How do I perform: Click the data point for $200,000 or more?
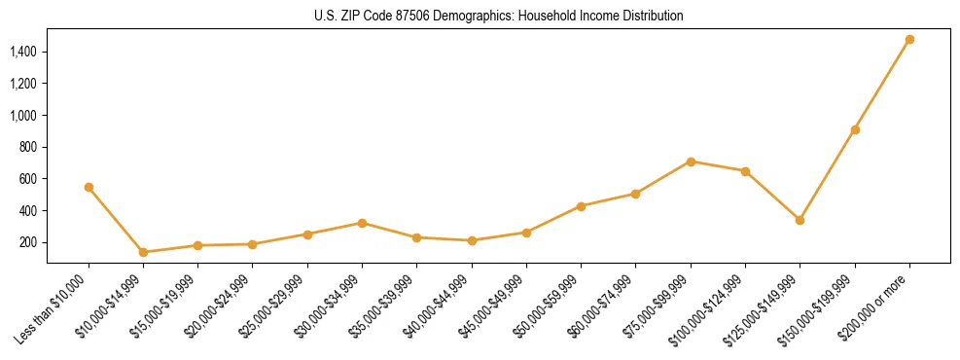point(909,40)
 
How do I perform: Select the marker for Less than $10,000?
point(89,187)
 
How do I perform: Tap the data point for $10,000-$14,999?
point(143,252)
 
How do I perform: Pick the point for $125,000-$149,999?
point(800,220)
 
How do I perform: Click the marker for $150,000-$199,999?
point(855,129)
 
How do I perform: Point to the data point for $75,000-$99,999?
point(691,162)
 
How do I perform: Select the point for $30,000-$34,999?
point(362,223)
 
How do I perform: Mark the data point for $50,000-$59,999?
point(581,206)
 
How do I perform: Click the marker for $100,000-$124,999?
point(745,171)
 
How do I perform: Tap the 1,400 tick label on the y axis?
point(23,52)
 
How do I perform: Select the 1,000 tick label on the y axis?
point(23,115)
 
